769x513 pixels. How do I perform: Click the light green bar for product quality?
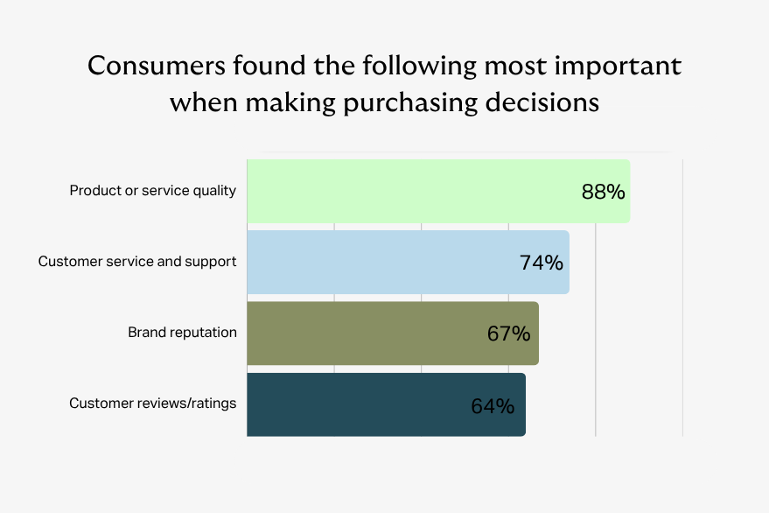point(438,191)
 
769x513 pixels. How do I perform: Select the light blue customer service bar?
point(408,262)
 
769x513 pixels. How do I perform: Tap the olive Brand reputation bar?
point(393,334)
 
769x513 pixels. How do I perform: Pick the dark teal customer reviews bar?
point(387,404)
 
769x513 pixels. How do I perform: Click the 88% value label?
point(604,192)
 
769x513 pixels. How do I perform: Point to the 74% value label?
point(542,263)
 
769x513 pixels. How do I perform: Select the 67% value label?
point(508,334)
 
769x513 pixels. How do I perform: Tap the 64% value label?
point(493,406)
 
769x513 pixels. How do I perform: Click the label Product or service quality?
point(152,191)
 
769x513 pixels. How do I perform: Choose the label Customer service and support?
point(137,262)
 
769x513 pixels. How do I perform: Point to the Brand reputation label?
point(183,333)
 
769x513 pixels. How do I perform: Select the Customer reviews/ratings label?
point(152,404)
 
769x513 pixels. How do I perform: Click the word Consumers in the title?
point(156,66)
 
